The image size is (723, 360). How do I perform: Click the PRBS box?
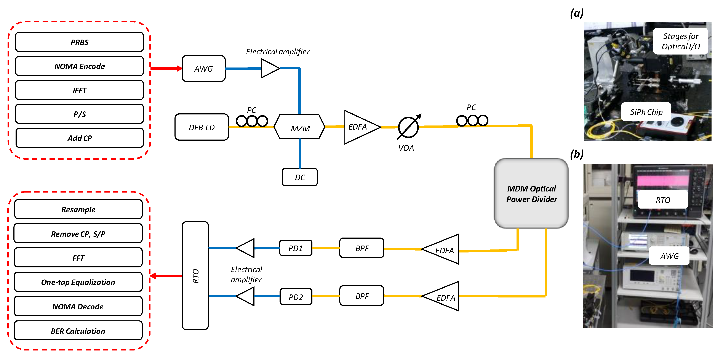[x=79, y=42]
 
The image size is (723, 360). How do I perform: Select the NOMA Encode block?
[x=79, y=66]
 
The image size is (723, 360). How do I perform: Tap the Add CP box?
[x=79, y=138]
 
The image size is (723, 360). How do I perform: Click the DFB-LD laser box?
[x=202, y=127]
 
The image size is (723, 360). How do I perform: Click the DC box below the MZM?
[x=299, y=177]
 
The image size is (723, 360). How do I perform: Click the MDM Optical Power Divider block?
[x=531, y=193]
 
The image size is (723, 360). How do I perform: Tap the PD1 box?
[x=296, y=248]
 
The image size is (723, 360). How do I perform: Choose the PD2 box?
[x=296, y=297]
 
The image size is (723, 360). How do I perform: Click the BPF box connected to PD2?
[x=361, y=296]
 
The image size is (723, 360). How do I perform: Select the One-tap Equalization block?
[x=78, y=282]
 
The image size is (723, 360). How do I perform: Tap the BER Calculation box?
[x=78, y=331]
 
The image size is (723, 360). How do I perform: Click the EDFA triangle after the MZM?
[x=359, y=127]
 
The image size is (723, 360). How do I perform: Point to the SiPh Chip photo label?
[x=646, y=112]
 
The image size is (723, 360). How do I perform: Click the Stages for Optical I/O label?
[x=680, y=41]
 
